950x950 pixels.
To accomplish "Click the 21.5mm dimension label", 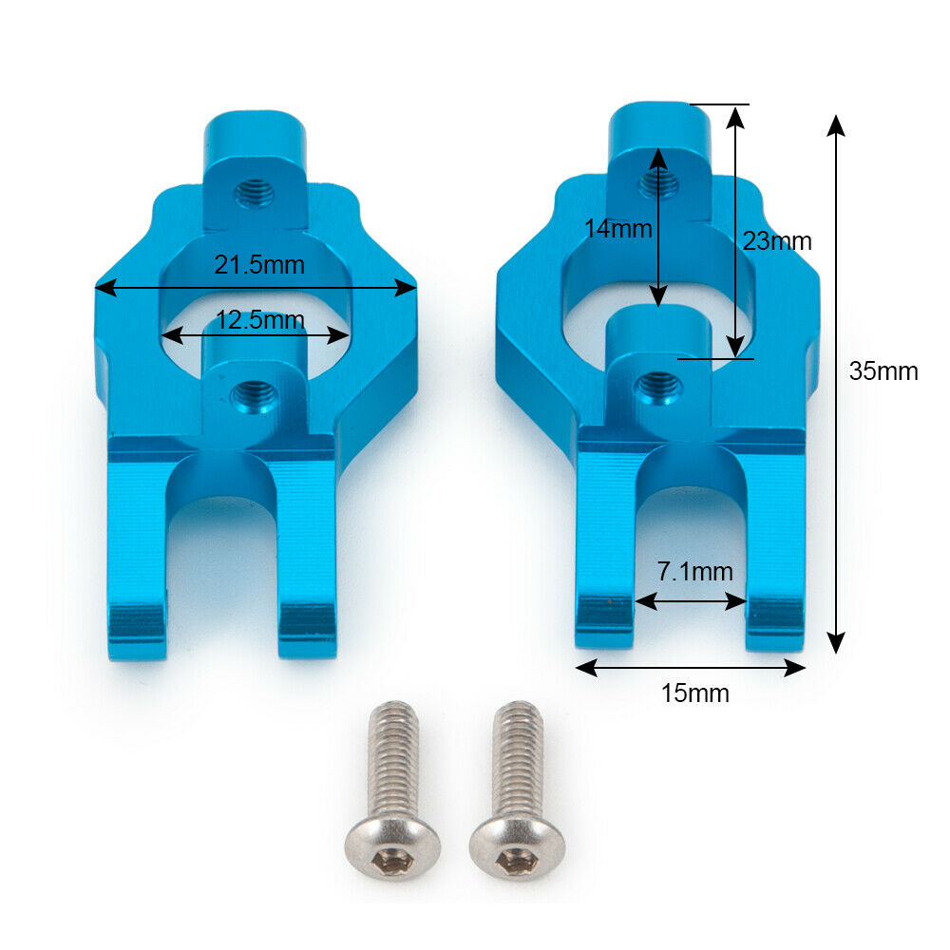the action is point(259,265).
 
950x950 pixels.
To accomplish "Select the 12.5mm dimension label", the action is point(260,320).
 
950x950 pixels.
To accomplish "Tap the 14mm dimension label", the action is point(618,229).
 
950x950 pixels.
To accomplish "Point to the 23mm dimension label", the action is point(777,241).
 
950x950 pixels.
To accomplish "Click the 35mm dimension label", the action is point(883,370).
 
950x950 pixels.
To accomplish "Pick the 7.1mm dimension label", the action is point(695,571).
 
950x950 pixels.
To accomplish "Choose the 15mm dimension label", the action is point(695,693).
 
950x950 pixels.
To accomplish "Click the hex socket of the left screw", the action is point(392,858).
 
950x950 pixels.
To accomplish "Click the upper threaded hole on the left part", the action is point(255,193).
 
